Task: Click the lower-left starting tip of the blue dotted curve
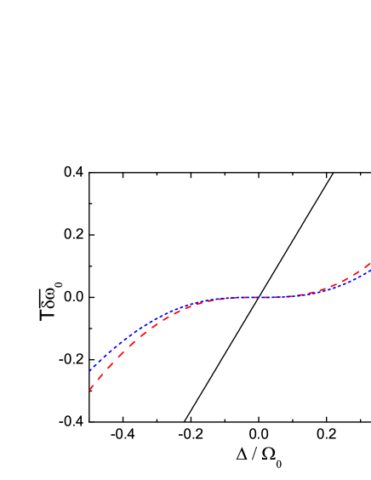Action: point(90,371)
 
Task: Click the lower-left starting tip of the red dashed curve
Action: point(89,390)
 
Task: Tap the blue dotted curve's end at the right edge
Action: point(369,271)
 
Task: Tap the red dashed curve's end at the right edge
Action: point(369,264)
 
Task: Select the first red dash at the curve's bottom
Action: point(91,386)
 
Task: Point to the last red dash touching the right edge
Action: point(366,266)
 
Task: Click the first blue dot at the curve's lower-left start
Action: point(90,371)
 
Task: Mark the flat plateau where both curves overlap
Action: point(255,297)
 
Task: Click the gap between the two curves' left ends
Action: point(90,380)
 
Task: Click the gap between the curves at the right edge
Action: point(368,268)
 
